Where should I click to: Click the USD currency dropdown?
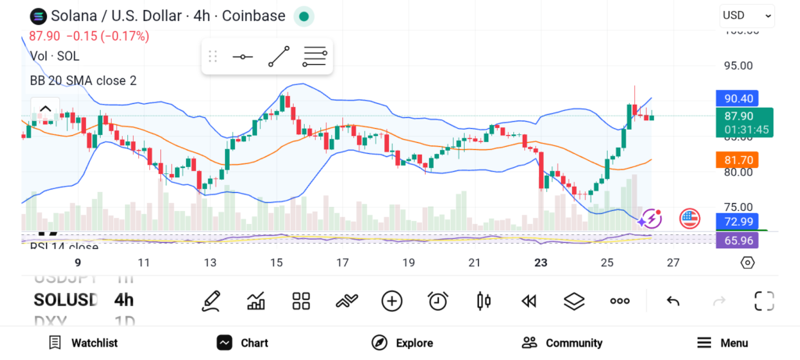click(746, 15)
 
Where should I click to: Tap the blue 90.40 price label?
click(738, 98)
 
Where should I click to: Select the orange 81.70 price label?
click(738, 160)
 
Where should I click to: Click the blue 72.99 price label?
click(738, 221)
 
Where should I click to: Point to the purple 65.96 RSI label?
click(738, 241)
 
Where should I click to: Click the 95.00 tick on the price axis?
click(738, 66)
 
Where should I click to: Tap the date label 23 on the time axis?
click(541, 263)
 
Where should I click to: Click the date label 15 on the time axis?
click(277, 263)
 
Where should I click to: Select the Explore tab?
click(402, 343)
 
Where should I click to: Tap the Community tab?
click(562, 343)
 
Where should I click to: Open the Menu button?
click(723, 343)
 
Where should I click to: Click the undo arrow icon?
click(673, 301)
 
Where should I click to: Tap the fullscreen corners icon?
click(764, 301)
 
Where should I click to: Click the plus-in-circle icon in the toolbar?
click(392, 301)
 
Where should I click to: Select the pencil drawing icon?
click(210, 301)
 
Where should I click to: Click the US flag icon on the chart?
click(690, 218)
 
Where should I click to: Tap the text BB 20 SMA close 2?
click(84, 80)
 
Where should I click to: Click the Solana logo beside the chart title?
click(37, 16)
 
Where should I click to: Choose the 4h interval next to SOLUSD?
click(123, 300)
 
